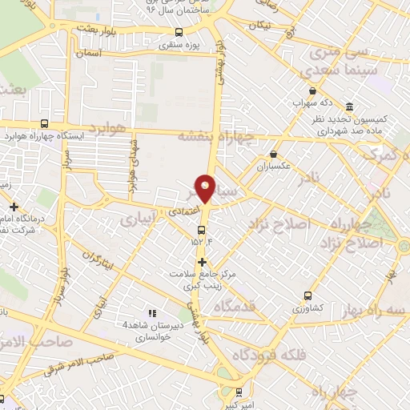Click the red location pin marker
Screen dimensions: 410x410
(x=206, y=187)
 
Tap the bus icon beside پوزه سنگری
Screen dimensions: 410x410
(x=179, y=34)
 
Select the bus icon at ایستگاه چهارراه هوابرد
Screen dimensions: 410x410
(x=44, y=123)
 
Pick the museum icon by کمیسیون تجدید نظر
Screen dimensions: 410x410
(x=350, y=107)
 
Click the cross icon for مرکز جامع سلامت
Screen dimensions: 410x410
(x=202, y=262)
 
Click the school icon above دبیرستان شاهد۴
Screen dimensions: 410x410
(x=152, y=313)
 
